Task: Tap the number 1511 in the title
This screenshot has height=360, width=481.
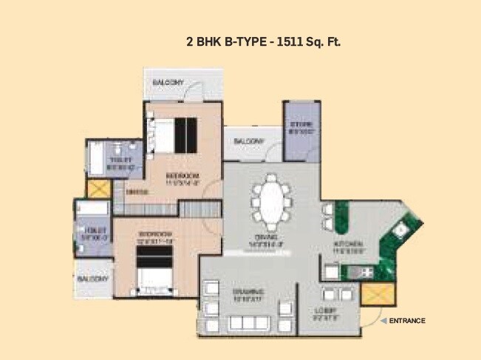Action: (290, 42)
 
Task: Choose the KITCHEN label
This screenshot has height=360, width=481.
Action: (347, 243)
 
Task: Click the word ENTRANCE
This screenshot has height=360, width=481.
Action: (408, 320)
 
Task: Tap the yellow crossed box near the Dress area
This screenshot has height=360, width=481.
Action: (98, 188)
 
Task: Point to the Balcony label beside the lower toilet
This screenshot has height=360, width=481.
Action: (93, 279)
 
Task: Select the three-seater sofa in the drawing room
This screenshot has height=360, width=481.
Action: (249, 323)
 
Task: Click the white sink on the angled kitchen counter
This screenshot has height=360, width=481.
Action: (399, 229)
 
